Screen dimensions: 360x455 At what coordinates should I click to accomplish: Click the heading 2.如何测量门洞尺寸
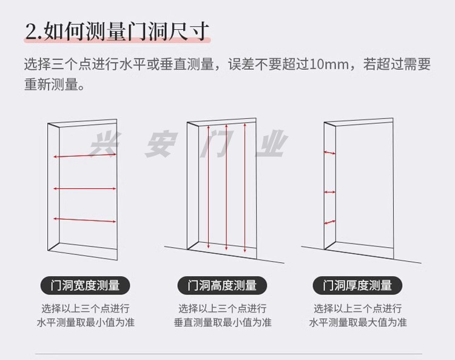pos(117,30)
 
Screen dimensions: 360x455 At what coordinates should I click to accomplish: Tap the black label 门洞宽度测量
pos(86,285)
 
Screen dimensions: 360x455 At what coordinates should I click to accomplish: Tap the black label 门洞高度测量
pos(222,285)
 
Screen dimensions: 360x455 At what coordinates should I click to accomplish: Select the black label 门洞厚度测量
pos(357,285)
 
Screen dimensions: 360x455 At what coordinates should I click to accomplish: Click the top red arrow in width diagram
pos(84,156)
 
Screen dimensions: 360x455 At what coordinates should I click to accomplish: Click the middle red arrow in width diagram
pos(84,189)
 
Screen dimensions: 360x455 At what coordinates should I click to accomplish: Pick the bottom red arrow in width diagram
pos(84,219)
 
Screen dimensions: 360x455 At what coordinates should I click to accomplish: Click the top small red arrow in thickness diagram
pos(329,153)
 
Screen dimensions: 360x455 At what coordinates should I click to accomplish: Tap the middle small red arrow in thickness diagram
pos(329,192)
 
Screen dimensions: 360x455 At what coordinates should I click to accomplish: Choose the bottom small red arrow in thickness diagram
pos(329,222)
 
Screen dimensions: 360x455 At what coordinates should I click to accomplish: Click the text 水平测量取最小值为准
pos(86,322)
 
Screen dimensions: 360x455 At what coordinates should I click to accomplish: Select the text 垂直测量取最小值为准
pos(222,322)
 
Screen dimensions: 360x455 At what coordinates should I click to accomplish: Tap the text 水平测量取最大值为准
pos(357,322)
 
